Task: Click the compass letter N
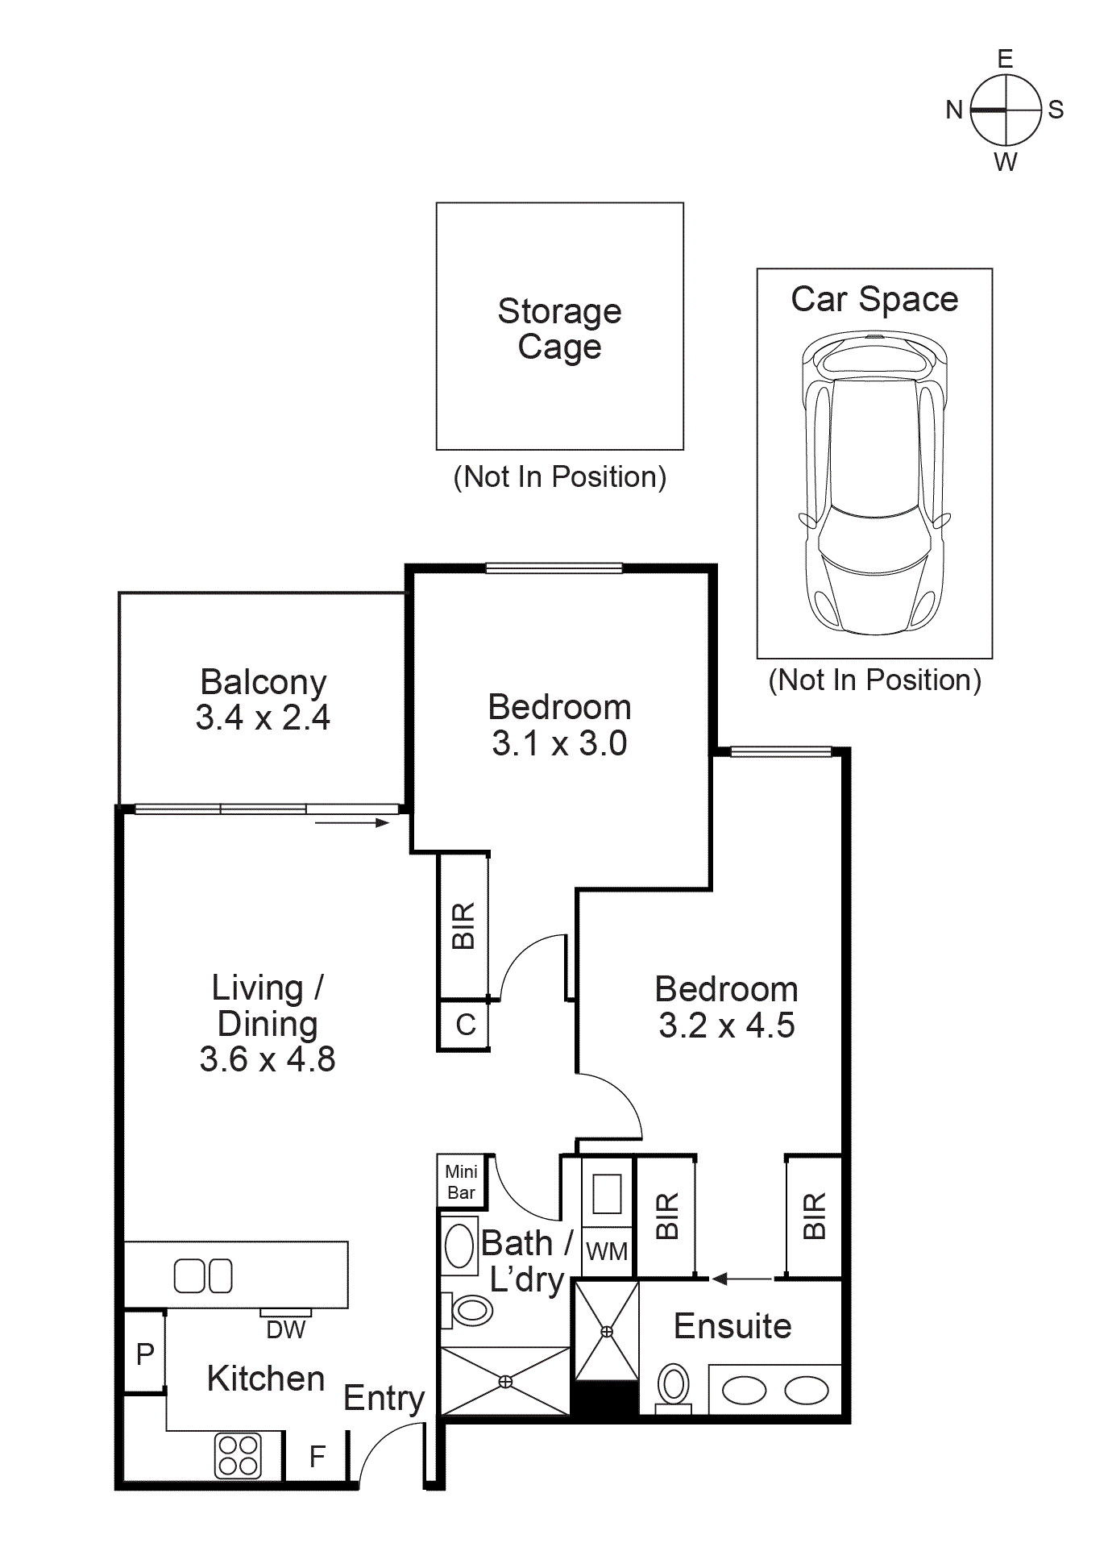(954, 110)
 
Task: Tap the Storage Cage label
(559, 329)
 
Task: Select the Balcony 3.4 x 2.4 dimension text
(263, 717)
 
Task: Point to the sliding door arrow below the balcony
(352, 822)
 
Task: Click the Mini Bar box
(461, 1182)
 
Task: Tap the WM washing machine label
(606, 1251)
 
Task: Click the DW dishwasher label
(286, 1329)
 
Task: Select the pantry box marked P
(145, 1354)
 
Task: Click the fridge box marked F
(317, 1456)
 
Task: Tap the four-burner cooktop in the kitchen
(239, 1455)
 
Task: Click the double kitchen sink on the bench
(203, 1275)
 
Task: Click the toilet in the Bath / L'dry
(469, 1310)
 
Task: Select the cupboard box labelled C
(465, 1025)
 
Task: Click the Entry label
(384, 1399)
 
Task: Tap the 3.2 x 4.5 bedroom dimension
(727, 1025)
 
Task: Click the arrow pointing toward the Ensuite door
(741, 1279)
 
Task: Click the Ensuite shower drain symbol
(607, 1332)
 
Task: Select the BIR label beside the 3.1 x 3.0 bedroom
(463, 925)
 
